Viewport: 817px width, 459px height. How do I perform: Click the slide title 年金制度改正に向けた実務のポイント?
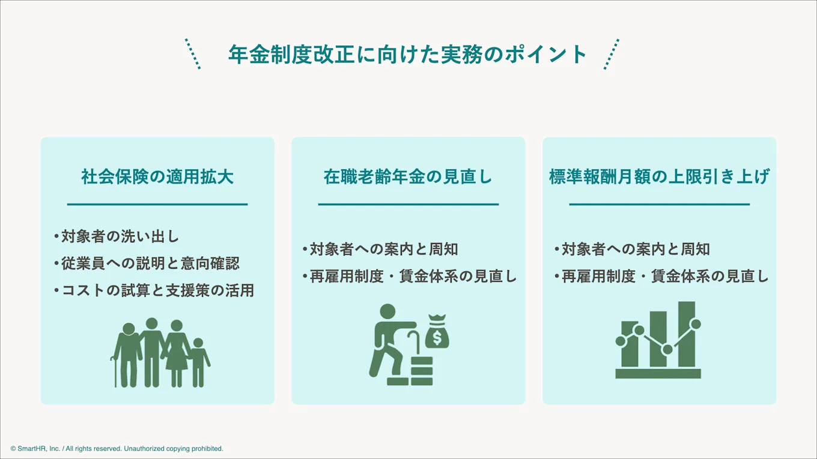(x=408, y=55)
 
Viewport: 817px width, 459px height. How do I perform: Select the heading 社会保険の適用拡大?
(x=157, y=177)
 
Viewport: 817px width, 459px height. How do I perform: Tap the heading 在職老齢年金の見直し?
(x=408, y=177)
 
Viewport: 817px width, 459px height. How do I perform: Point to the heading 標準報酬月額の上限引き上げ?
(x=659, y=177)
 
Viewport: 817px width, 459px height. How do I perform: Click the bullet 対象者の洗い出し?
(x=117, y=236)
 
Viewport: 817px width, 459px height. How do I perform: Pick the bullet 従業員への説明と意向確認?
(x=147, y=263)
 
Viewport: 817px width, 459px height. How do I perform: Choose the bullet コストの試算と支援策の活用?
(x=154, y=290)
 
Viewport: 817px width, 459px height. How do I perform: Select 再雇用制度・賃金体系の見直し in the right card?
(x=661, y=276)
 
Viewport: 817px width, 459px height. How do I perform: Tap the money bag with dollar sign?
(x=437, y=334)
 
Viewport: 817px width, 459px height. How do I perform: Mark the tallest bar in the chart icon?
(x=686, y=334)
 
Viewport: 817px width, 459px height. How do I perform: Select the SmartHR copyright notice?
(x=117, y=448)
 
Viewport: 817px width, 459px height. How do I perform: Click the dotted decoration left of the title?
(x=193, y=54)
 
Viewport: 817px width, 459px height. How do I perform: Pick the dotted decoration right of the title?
(x=611, y=54)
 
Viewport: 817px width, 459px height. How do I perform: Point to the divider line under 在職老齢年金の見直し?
(x=408, y=205)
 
